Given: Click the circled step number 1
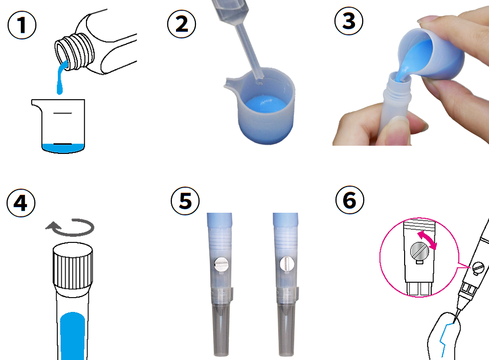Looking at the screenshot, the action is pos(22,25).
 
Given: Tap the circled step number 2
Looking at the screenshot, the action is pos(182,24).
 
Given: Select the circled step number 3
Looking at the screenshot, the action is pos(349,21).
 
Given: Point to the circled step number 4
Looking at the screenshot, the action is pos(21,203).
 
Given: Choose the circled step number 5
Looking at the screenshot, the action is pos(185,201).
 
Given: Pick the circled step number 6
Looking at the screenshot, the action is pos(350,200).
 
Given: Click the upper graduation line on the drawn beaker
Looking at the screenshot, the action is pos(63,113).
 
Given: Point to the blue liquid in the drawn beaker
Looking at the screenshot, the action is pos(63,148).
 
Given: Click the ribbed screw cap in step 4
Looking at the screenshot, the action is pos(73,265).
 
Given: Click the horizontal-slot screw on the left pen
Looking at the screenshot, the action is pos(221,264).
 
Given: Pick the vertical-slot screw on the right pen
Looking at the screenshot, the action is pos(287,264).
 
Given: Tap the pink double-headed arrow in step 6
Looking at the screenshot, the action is pos(427,240).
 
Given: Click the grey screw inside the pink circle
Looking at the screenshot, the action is pos(419,251).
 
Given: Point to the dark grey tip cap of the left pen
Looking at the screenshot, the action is pos(221,330).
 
